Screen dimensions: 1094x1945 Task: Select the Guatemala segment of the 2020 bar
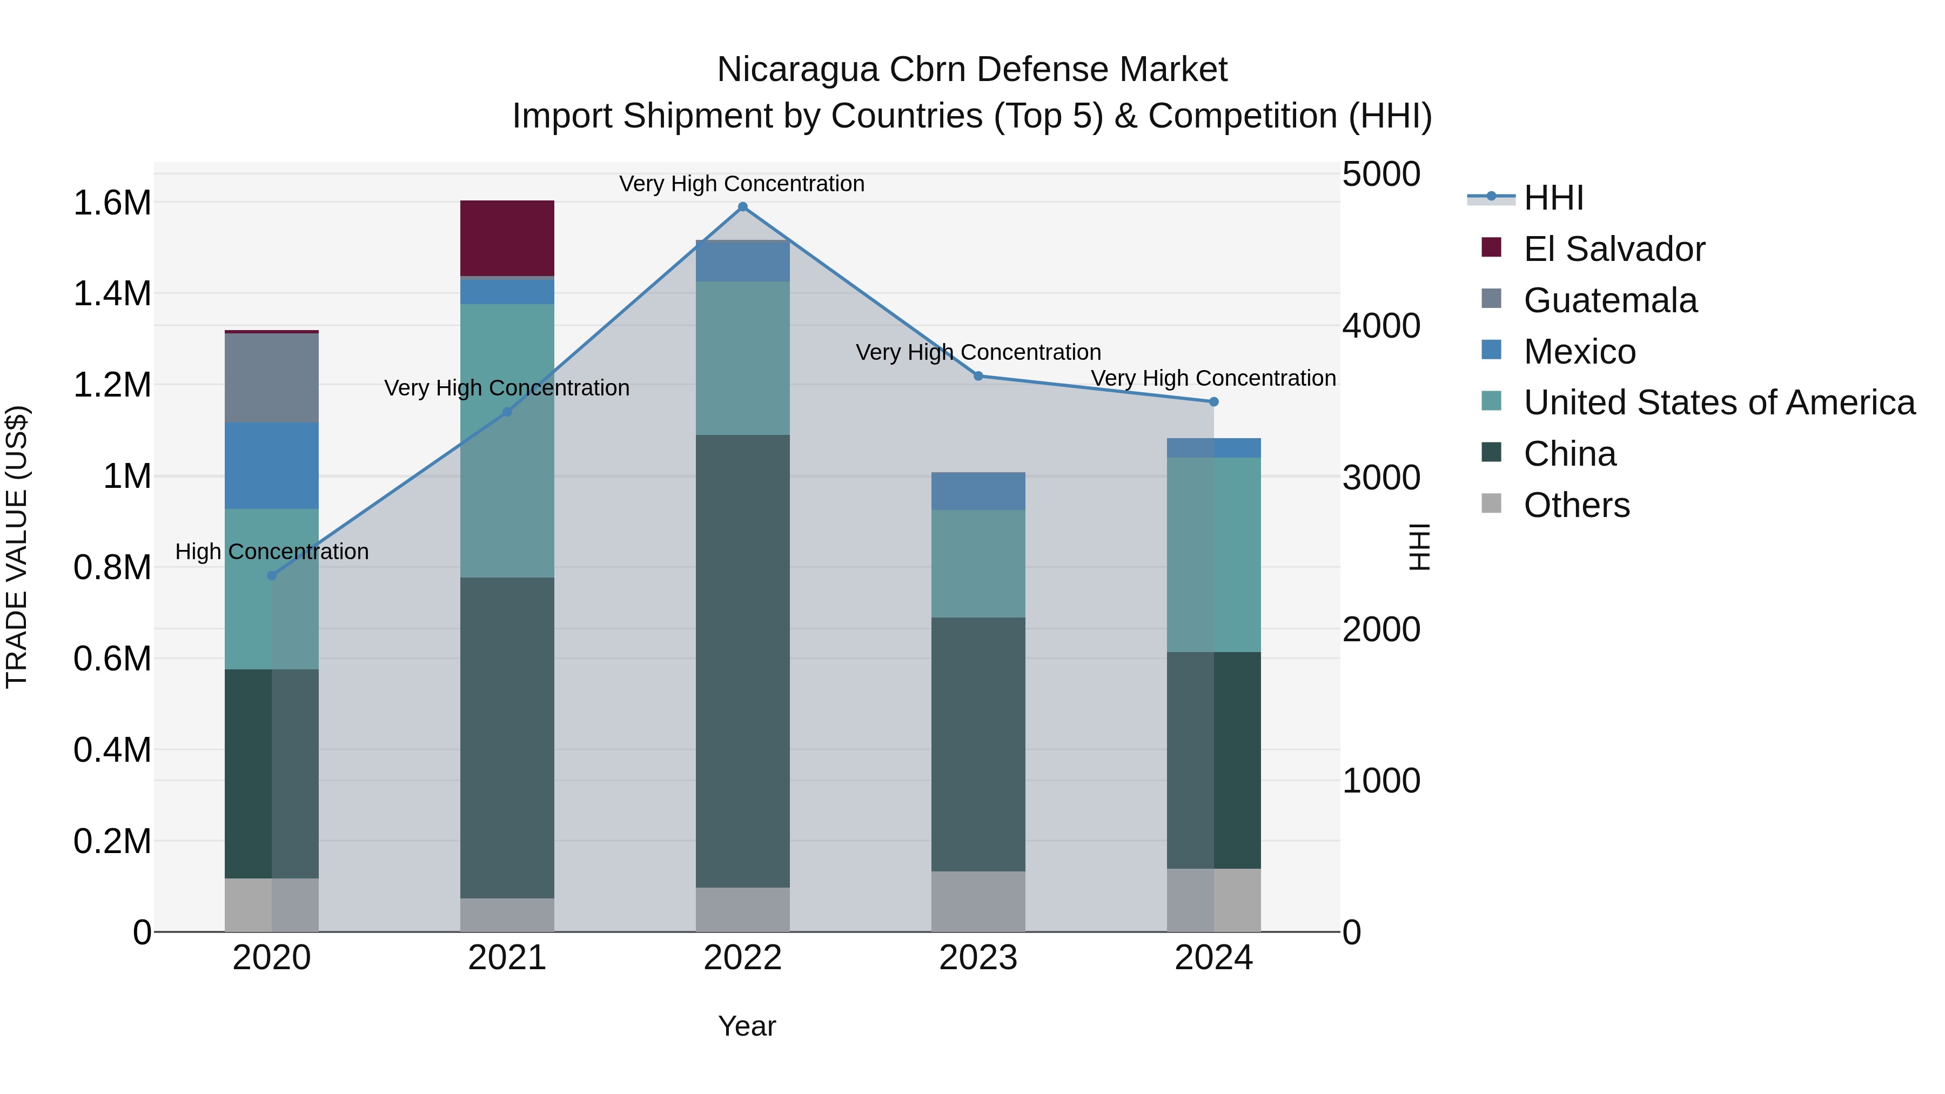click(x=272, y=378)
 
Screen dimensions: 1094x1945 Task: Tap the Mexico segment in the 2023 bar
click(x=978, y=491)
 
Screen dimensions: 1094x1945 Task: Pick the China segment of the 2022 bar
click(x=742, y=661)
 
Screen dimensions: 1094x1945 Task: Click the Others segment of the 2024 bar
click(x=1213, y=900)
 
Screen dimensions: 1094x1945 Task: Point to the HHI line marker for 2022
click(x=742, y=207)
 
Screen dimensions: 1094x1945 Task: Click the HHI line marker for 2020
click(x=272, y=575)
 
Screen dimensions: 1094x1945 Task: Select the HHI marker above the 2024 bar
click(x=1213, y=401)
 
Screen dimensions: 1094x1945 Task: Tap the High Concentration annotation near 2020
click(x=272, y=552)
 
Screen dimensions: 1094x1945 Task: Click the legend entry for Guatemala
click(x=1610, y=300)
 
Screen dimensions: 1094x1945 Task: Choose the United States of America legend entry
click(x=1719, y=402)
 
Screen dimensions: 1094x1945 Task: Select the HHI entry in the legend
click(x=1553, y=198)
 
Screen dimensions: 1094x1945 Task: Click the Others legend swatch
click(x=1491, y=503)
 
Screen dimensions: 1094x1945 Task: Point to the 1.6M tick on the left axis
click(x=112, y=203)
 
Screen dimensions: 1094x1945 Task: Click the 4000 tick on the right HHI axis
click(x=1381, y=326)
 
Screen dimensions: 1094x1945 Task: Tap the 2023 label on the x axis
click(x=978, y=958)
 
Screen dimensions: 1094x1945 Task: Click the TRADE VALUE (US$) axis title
click(x=17, y=547)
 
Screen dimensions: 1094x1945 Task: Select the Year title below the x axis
click(x=747, y=1026)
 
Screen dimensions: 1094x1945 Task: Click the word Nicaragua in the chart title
click(x=797, y=70)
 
